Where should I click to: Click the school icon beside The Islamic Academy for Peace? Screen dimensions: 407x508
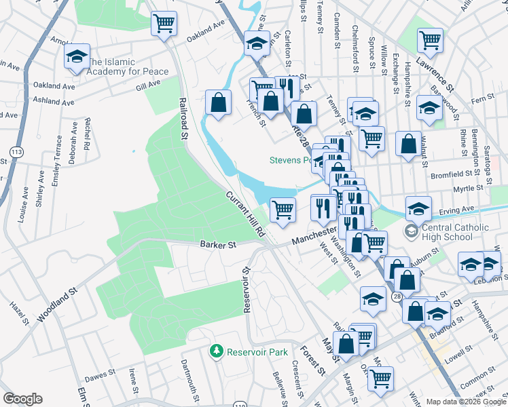click(77, 56)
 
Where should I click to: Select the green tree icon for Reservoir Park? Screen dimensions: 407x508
click(217, 351)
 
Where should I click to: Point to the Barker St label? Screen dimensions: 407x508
click(217, 244)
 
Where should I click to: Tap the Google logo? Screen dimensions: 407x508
click(22, 398)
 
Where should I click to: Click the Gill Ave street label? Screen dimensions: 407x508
click(148, 85)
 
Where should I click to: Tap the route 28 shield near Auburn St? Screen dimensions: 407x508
click(397, 296)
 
